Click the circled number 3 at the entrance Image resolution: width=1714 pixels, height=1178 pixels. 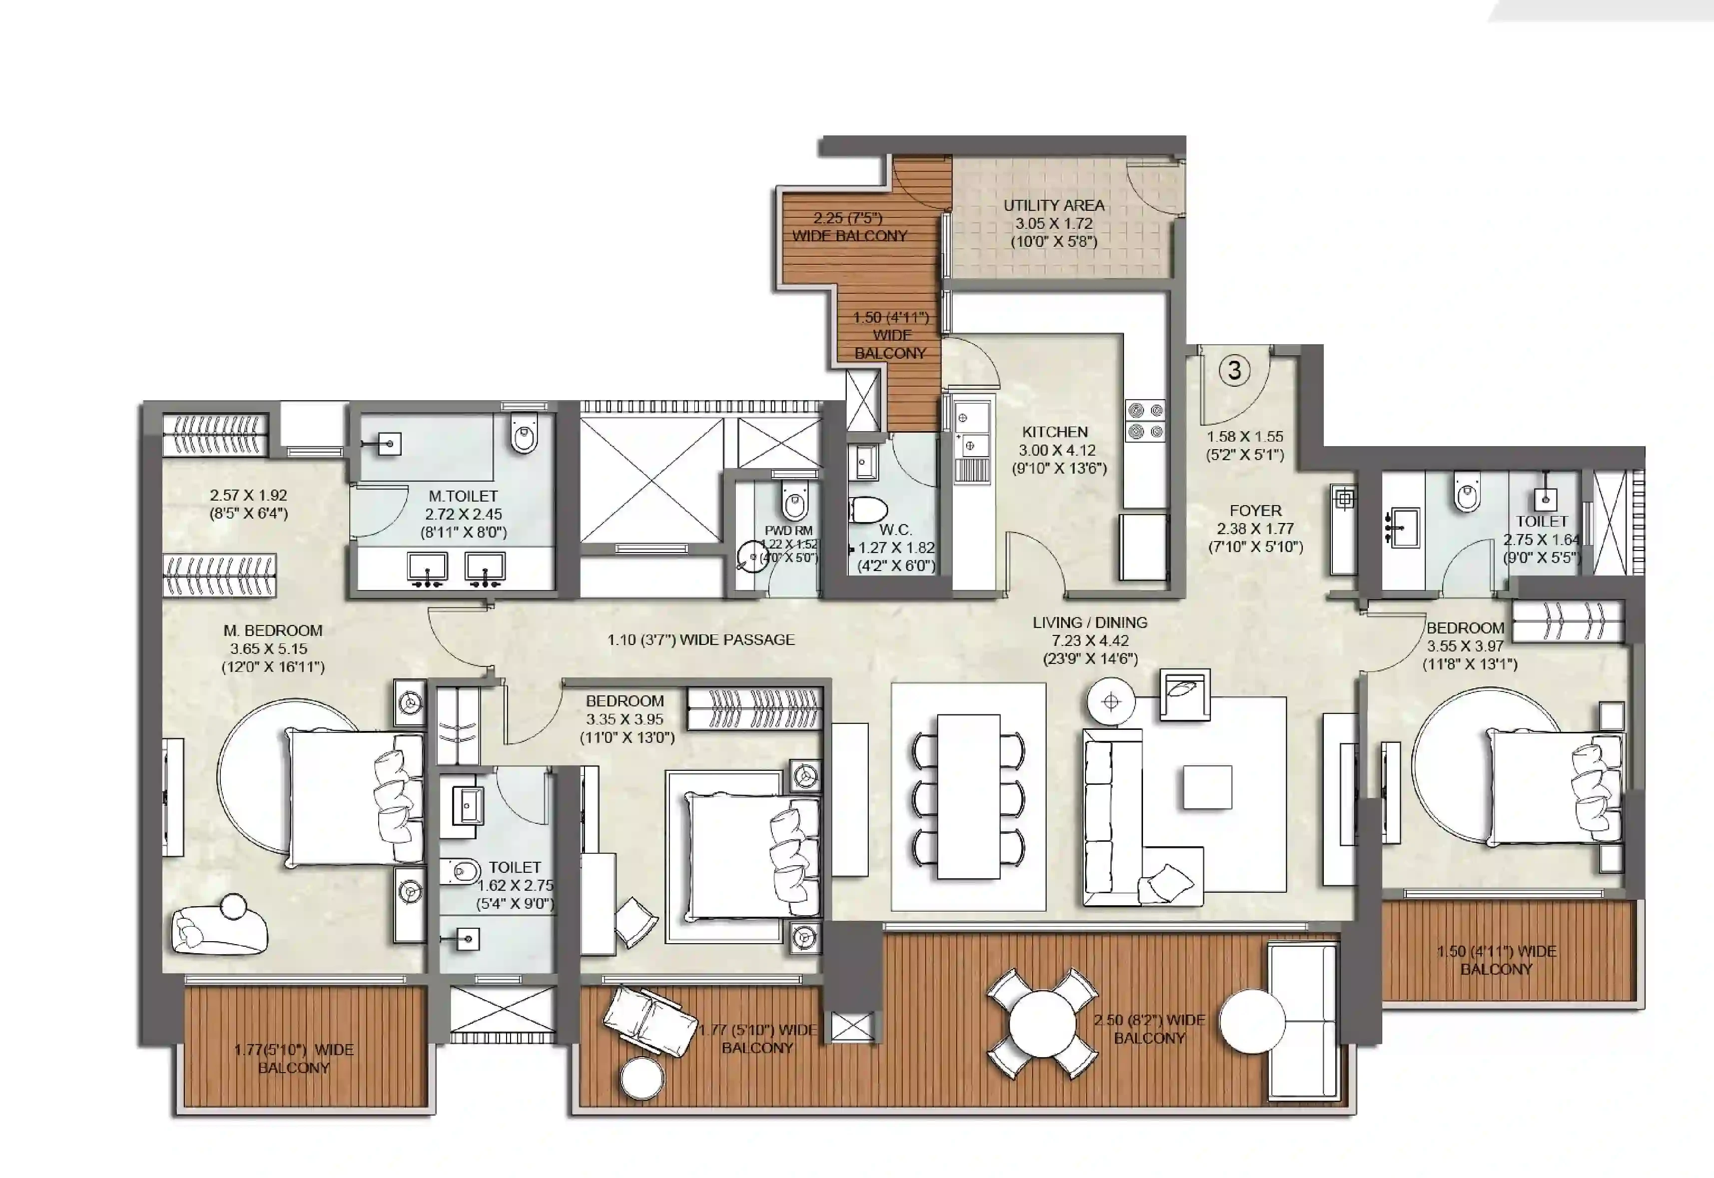1234,370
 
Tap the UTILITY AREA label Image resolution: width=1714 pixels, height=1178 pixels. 1054,206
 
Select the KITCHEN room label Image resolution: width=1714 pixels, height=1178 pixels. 1054,432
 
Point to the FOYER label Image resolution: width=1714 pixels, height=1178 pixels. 1255,510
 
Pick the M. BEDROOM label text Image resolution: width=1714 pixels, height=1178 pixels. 272,631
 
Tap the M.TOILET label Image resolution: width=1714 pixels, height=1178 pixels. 463,496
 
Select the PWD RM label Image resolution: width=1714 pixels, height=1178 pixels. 788,531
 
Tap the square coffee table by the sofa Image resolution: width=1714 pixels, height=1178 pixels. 1207,787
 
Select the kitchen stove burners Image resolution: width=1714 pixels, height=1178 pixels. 1145,421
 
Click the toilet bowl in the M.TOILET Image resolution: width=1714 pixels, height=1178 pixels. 524,434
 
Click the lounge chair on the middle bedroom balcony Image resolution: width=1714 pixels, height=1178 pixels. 649,1015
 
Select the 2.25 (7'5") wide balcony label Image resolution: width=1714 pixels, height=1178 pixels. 849,227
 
